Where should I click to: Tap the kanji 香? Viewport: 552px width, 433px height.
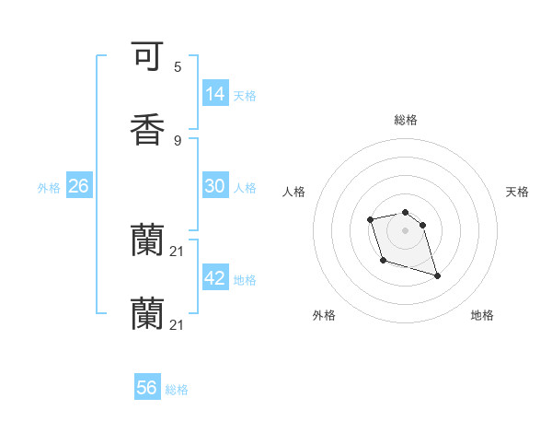pos(147,129)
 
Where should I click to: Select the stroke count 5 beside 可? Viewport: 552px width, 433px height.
pos(178,67)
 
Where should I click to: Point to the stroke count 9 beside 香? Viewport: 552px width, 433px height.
pos(178,140)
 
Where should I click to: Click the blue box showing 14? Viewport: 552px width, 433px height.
pos(215,94)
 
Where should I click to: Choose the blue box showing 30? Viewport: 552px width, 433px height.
pos(215,186)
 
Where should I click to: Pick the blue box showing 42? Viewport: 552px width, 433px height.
pos(215,278)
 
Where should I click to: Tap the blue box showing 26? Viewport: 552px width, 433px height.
pos(78,186)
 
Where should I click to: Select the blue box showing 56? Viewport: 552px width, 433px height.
pos(147,388)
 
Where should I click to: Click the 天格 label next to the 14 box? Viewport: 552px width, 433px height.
pos(245,96)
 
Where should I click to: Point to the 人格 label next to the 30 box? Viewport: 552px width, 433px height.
pos(245,188)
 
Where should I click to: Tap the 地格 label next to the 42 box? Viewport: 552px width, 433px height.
pos(245,280)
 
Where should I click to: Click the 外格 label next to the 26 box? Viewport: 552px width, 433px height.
pos(49,188)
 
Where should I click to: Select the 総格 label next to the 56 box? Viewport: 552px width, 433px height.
pos(177,390)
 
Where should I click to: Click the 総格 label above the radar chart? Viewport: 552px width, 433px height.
pos(406,120)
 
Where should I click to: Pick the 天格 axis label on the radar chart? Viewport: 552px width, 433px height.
pos(517,192)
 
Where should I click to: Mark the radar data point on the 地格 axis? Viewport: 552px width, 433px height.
pos(437,275)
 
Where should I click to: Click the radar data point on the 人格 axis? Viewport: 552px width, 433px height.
pos(370,219)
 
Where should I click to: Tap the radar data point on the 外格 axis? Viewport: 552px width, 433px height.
pos(383,261)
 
